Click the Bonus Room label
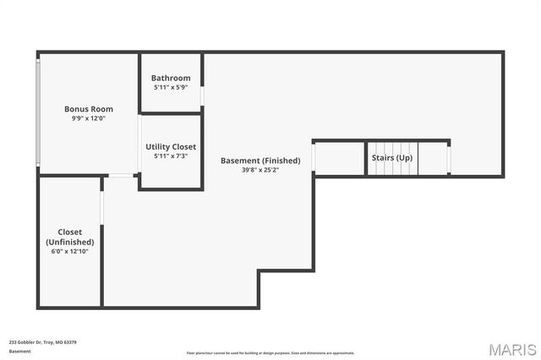coord(89,109)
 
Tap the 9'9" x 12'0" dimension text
coord(89,119)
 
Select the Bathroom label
coord(171,78)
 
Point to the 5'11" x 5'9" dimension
coord(171,87)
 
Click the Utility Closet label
coord(171,146)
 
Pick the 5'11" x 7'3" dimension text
coord(171,155)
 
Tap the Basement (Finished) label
coord(260,161)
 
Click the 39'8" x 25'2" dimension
coord(260,170)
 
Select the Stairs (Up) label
coord(392,158)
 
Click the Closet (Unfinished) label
coord(69,237)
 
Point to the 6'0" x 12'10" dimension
coord(69,251)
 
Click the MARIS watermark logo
coord(511,349)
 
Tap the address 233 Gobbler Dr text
coord(42,342)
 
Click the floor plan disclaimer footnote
coord(270,353)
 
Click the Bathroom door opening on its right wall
coord(202,95)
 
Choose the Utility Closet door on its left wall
coord(139,144)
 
